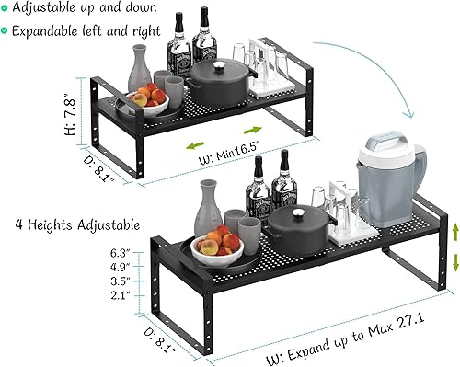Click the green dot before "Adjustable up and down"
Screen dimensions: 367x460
(x=7, y=9)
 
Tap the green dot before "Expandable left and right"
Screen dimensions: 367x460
(x=7, y=30)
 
